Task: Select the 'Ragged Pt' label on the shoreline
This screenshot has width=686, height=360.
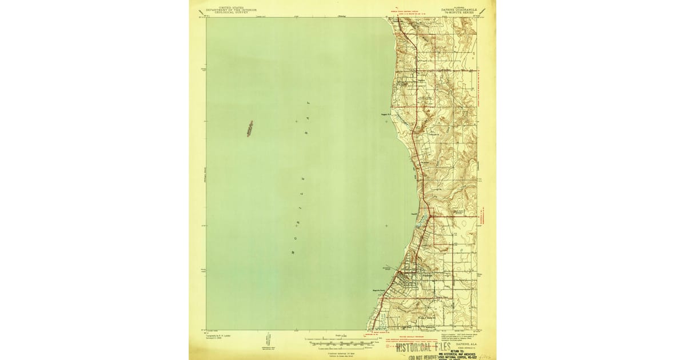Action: pos(385,113)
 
